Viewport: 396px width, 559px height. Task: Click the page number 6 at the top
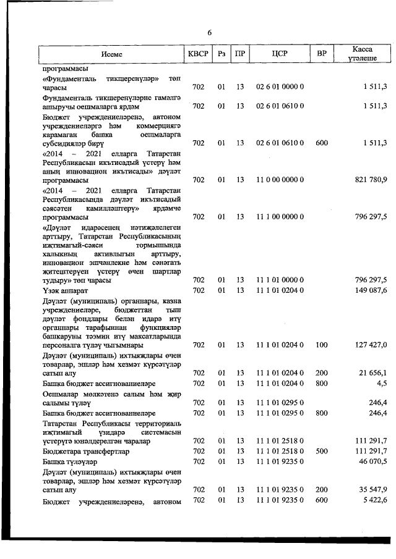209,33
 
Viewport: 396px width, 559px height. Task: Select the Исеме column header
112,54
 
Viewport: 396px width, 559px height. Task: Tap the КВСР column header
198,54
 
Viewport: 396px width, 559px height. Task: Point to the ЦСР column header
280,54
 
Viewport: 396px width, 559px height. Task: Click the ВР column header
321,54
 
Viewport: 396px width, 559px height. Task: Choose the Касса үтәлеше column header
361,54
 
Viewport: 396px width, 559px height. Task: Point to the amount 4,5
381,384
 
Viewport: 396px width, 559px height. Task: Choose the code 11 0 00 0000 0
280,180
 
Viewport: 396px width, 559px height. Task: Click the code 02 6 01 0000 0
280,88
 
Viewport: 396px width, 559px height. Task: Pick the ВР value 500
321,452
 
